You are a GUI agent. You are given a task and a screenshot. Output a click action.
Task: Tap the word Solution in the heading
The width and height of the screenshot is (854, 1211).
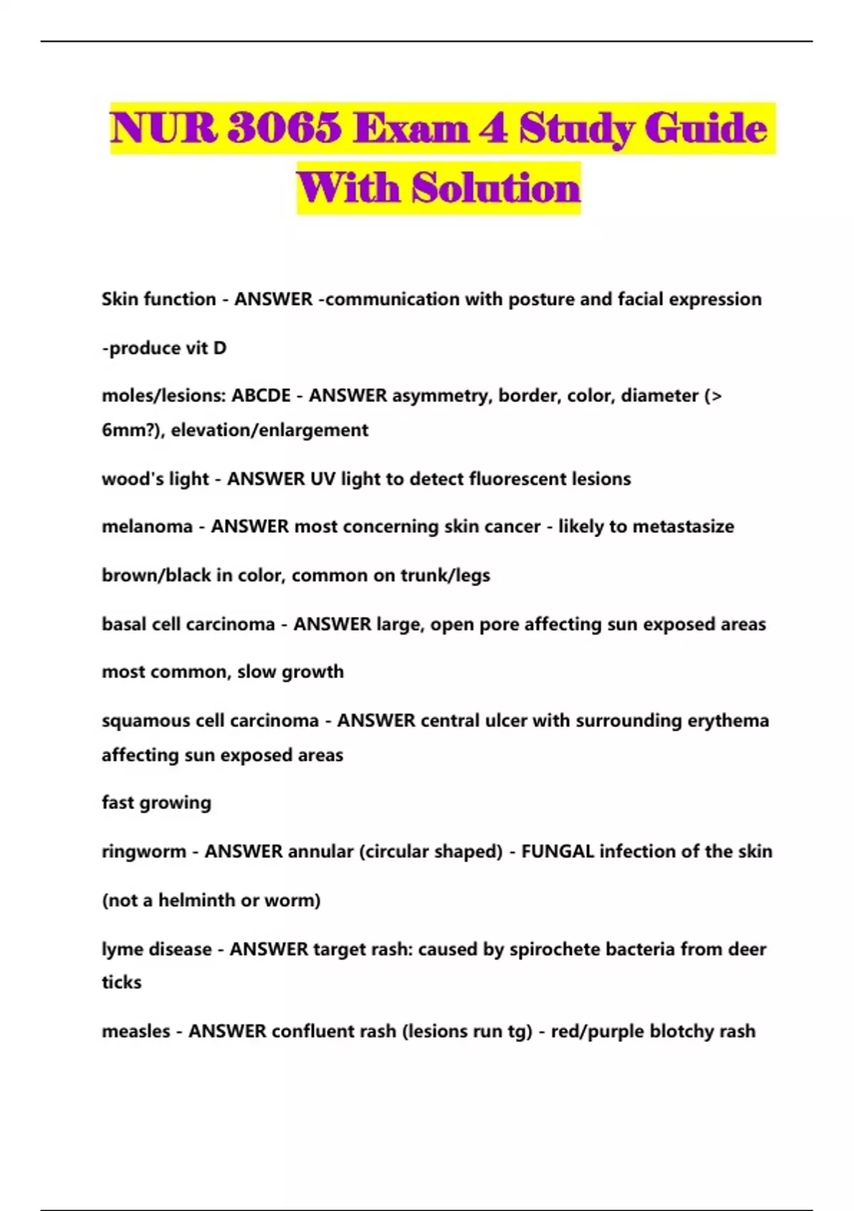[x=497, y=189]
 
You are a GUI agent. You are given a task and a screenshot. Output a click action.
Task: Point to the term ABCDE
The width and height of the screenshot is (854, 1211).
[x=261, y=395]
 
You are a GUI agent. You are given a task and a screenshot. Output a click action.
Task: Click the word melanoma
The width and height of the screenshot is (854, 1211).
[x=147, y=526]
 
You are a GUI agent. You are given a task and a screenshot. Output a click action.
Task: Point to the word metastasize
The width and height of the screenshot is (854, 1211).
[x=683, y=526]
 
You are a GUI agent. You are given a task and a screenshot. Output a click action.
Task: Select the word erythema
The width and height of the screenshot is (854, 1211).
[x=728, y=720]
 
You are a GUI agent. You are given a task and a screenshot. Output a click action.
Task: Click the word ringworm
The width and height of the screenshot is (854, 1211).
[x=144, y=851]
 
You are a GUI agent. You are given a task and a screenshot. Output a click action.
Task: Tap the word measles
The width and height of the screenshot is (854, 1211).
[x=136, y=1031]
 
